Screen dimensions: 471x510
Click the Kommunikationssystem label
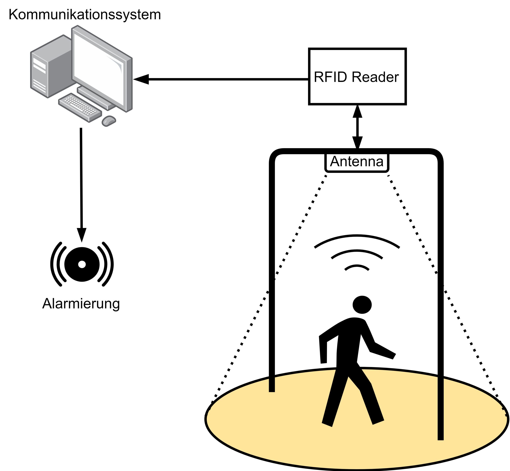coord(85,15)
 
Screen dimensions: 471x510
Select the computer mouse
coord(109,121)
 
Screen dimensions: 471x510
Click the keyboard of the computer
coord(80,107)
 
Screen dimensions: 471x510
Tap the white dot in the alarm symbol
coord(82,265)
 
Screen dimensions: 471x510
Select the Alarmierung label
coord(81,304)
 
